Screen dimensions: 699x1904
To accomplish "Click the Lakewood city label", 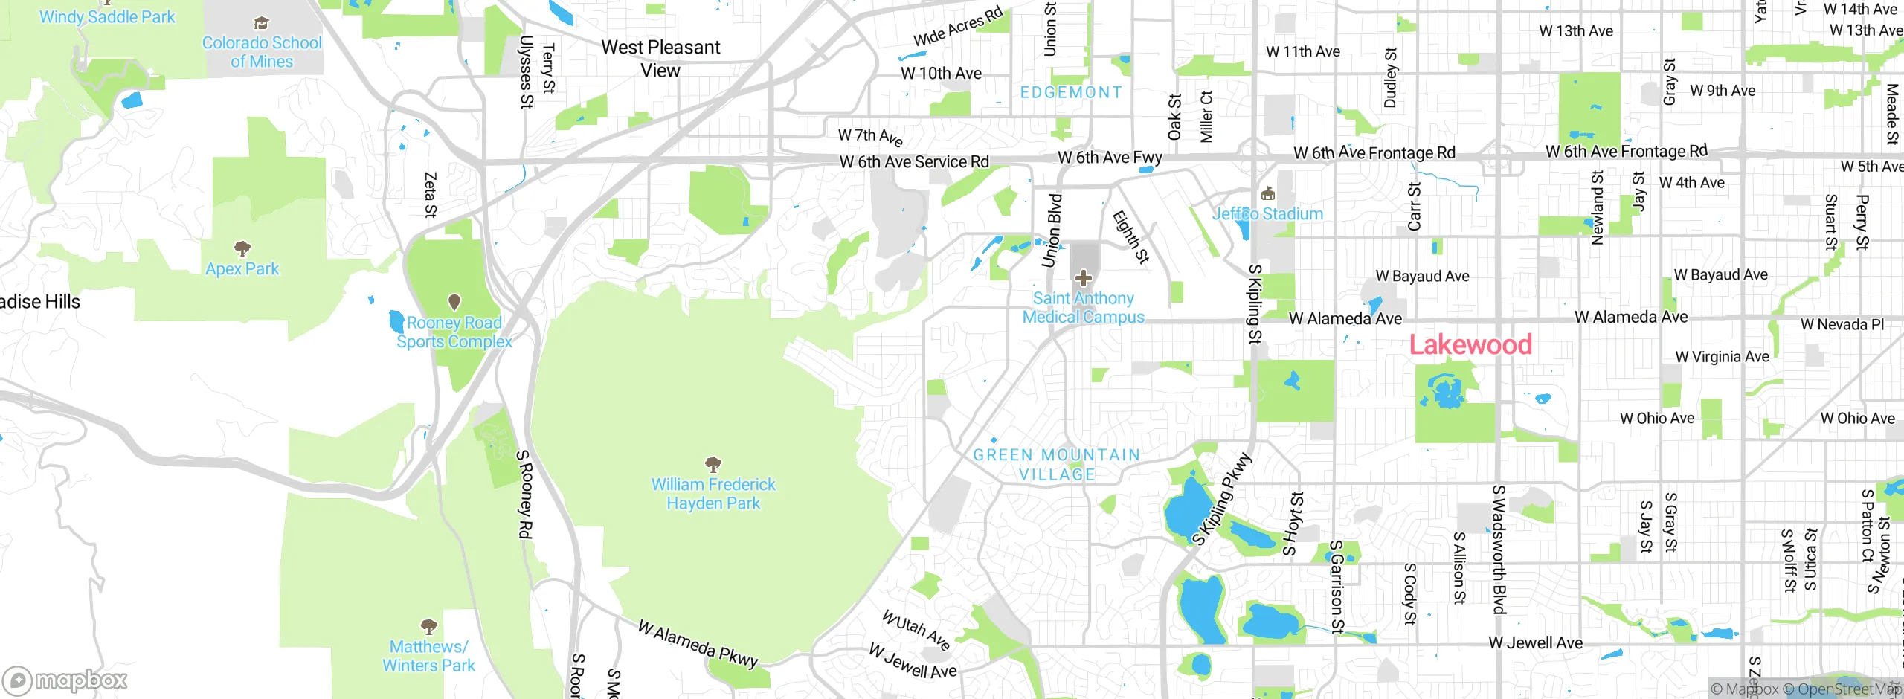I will tap(1470, 345).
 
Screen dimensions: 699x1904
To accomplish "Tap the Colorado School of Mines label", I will tap(262, 52).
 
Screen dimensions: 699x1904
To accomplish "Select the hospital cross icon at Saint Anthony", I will tap(1084, 279).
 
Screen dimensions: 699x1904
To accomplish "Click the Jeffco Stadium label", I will tap(1268, 214).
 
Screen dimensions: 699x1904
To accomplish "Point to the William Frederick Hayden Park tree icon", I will tap(713, 466).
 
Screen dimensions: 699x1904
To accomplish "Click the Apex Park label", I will tap(242, 268).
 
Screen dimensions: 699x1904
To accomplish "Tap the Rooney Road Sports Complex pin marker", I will tap(454, 302).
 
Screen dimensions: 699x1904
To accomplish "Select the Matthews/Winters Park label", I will tap(428, 656).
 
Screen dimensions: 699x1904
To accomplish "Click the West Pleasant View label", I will tap(660, 59).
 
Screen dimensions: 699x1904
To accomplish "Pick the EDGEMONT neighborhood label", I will tap(1071, 92).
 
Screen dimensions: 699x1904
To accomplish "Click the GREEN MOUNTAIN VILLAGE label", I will tap(1056, 464).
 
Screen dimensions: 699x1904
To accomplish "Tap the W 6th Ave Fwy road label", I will tap(1110, 158).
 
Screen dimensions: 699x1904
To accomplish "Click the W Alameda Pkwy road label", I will tap(698, 644).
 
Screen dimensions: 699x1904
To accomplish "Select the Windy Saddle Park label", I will tap(107, 16).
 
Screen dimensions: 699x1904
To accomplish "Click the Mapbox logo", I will tap(65, 680).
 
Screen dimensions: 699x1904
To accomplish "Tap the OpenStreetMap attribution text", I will tap(1847, 689).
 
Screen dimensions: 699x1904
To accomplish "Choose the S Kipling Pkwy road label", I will tap(1223, 500).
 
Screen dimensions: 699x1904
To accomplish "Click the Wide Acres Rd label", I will tap(958, 27).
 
